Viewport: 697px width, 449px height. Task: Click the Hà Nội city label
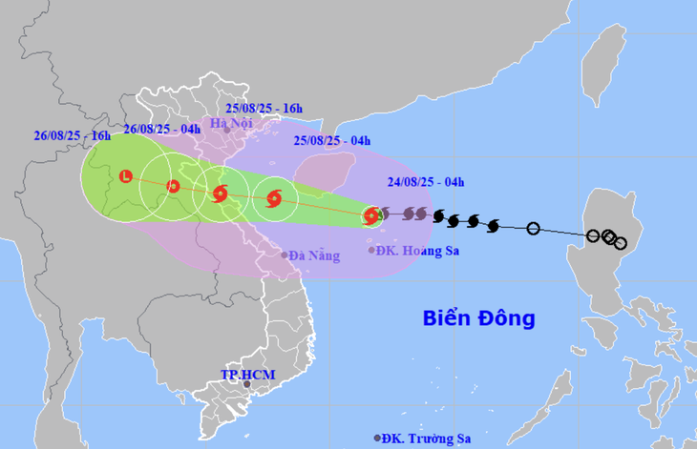tap(232, 123)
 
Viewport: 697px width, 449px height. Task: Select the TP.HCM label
tap(247, 375)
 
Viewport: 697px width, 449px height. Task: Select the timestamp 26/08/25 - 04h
tap(161, 129)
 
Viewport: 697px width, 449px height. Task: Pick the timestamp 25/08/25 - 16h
tap(264, 108)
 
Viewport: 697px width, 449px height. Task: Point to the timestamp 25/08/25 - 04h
tap(331, 141)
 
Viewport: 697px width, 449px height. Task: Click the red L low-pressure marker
tap(125, 175)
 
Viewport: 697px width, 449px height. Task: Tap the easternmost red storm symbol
tap(370, 217)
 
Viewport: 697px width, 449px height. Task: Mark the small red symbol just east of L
tap(173, 186)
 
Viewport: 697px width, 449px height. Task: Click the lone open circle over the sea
tap(533, 228)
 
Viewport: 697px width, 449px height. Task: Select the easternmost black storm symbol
tap(493, 225)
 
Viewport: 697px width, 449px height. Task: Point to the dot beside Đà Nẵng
tap(285, 255)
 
